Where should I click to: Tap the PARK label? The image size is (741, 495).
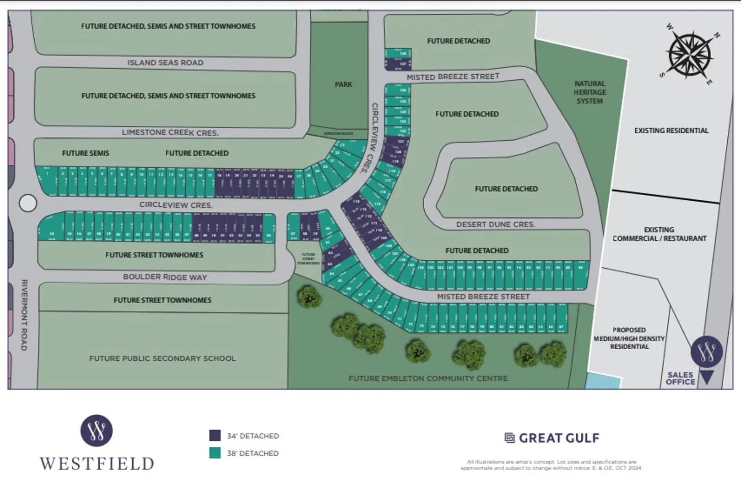[343, 84]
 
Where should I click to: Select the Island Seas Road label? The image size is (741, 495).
[165, 63]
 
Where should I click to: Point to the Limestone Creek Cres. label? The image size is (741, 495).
[170, 132]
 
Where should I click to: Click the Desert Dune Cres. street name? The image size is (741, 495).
[496, 225]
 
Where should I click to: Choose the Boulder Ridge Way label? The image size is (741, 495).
[165, 277]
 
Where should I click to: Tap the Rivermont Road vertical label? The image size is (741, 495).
[24, 315]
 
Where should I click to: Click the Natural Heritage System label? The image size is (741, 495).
[590, 92]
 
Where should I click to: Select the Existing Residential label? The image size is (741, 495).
[671, 131]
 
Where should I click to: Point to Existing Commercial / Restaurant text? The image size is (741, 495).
[659, 234]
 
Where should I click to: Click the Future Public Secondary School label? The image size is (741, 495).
[162, 358]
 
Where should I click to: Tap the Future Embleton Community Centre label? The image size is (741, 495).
[428, 379]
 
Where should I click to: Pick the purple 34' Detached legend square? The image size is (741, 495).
[215, 435]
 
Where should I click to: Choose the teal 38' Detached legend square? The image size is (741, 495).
[215, 453]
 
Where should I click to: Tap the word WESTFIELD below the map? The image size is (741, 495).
[97, 464]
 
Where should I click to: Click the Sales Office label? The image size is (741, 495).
[680, 378]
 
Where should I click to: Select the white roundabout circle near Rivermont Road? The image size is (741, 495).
[28, 203]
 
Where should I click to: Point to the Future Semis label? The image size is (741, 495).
[86, 153]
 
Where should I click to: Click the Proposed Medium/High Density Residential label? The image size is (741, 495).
[629, 338]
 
